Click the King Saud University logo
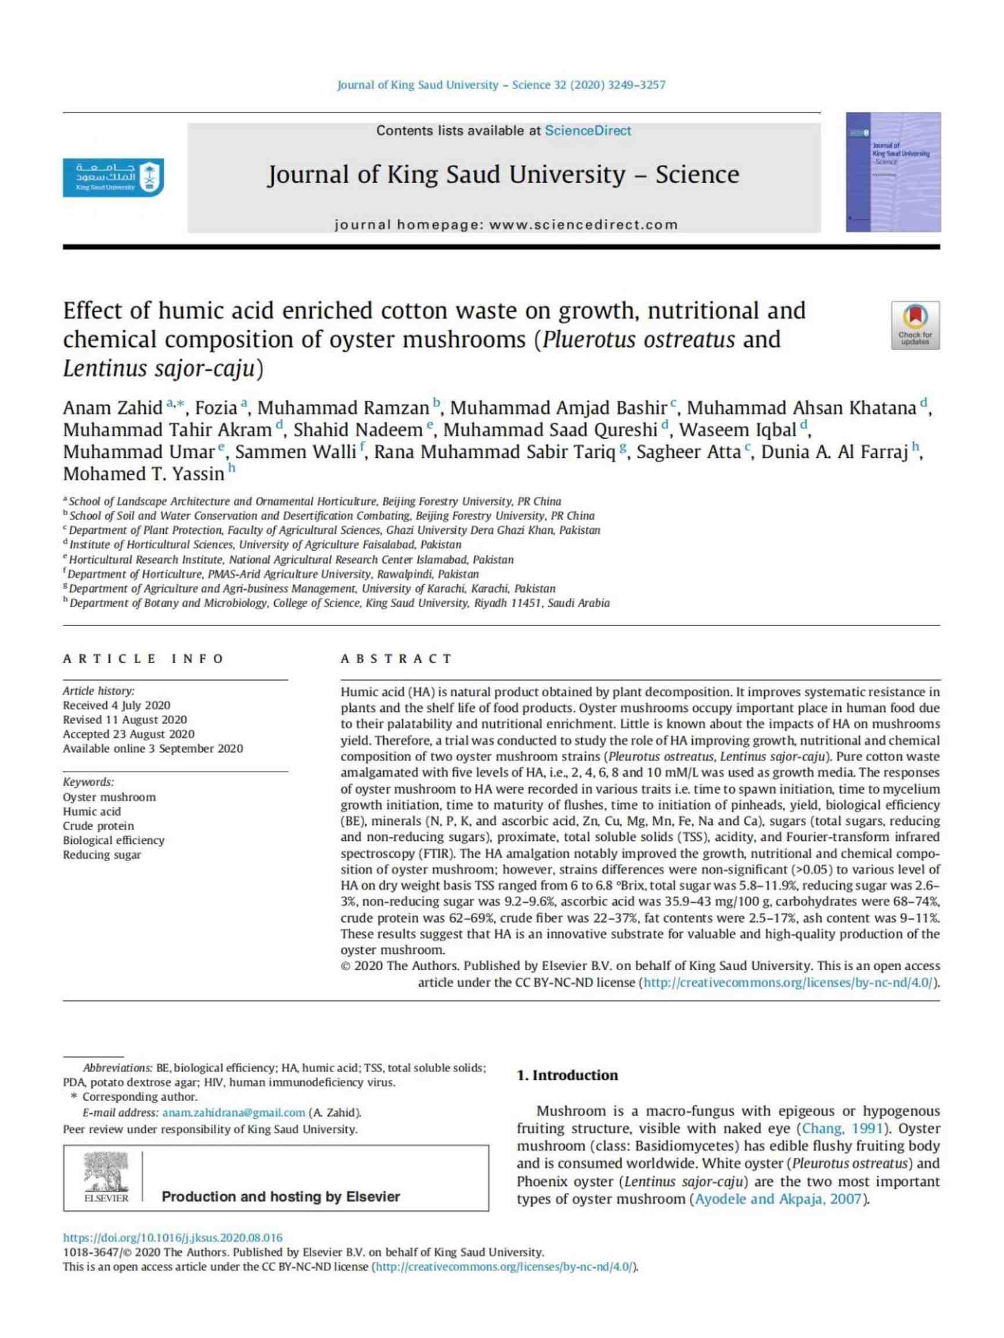click(113, 177)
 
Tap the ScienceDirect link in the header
click(587, 131)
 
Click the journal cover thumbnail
click(893, 172)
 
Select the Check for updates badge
click(915, 326)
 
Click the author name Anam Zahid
click(113, 408)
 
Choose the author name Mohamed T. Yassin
click(143, 474)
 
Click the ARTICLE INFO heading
click(143, 659)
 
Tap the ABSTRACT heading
click(397, 659)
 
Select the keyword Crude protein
click(99, 826)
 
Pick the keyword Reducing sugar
click(102, 855)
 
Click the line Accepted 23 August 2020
click(129, 735)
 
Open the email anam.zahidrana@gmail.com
click(233, 1112)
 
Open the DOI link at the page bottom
click(173, 1238)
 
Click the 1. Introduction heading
click(567, 1075)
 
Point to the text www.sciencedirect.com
click(584, 225)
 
